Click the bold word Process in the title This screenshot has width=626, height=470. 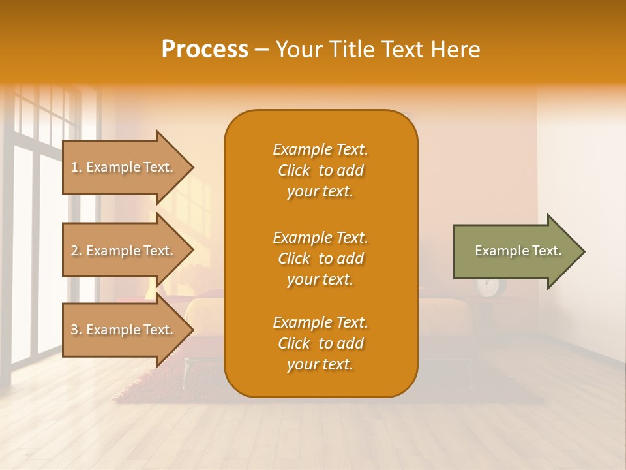coord(205,50)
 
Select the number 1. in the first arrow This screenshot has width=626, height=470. coord(76,167)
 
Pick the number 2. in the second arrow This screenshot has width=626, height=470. coord(76,251)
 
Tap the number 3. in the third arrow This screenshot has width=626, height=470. coord(76,330)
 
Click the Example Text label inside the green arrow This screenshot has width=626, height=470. coord(518,251)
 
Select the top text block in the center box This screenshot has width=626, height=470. coord(320,170)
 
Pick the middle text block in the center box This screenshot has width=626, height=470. coord(320,258)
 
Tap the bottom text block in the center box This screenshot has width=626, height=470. coord(320,343)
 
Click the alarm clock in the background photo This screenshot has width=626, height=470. coord(487,286)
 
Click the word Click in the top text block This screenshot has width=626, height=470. coord(294,171)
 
